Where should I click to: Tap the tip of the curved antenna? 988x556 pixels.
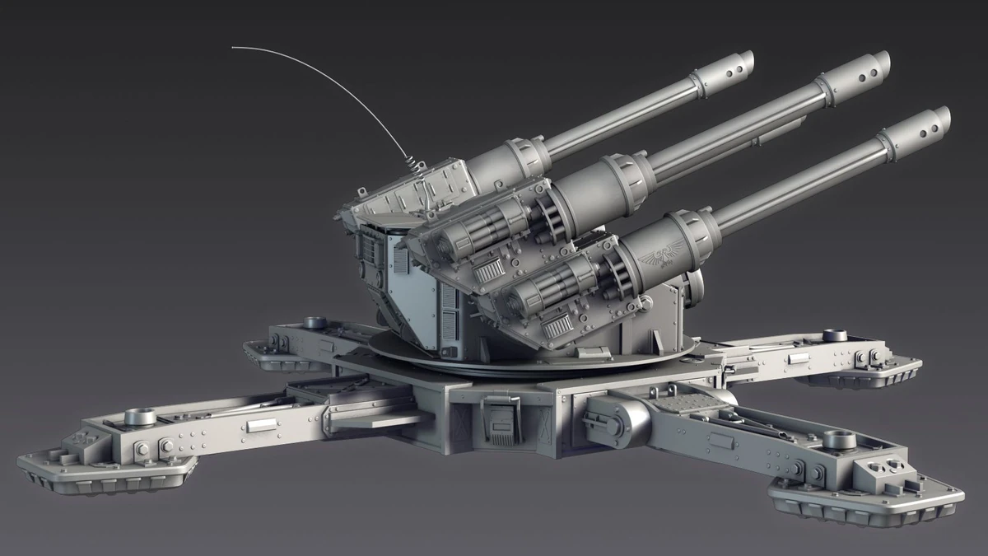tap(233, 48)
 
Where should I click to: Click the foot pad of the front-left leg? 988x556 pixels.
tap(107, 474)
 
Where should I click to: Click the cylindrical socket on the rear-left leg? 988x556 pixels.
tap(314, 322)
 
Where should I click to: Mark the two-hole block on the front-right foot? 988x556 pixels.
tap(881, 474)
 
